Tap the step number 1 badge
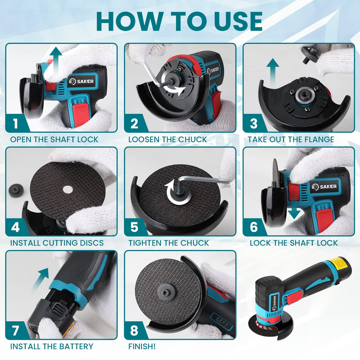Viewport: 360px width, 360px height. (16, 123)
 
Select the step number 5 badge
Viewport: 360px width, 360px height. (135, 227)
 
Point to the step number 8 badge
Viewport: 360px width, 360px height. (135, 330)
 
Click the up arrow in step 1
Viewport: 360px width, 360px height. (54, 60)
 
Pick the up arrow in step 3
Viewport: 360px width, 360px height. (273, 72)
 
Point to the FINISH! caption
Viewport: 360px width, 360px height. (142, 346)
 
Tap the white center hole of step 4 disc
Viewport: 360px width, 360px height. (68, 189)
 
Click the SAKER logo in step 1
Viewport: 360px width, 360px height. (81, 81)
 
